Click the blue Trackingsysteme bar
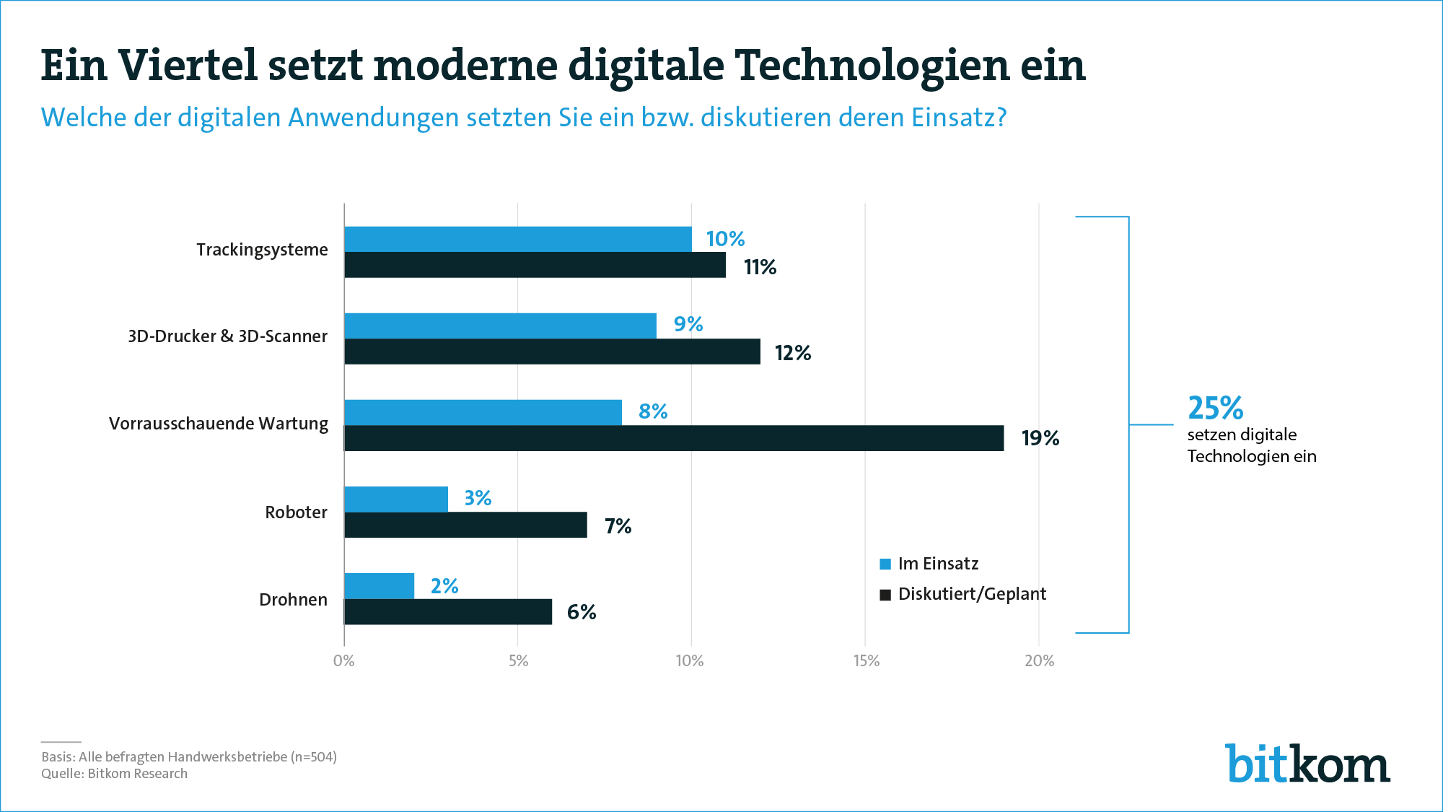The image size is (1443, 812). coord(517,239)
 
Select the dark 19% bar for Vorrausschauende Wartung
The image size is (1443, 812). coord(674,438)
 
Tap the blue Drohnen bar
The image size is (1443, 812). coord(379,585)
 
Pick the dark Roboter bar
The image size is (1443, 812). coord(465,525)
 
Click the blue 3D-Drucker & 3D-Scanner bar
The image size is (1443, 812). coord(500,326)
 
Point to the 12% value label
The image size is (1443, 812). coord(792,353)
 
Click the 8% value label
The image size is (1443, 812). coord(653,411)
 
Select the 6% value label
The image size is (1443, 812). coord(582,612)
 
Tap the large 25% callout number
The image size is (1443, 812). coord(1215,408)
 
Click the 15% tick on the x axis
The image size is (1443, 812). coord(866,660)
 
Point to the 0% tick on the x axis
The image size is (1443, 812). coord(344,660)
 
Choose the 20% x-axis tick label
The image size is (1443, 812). coord(1039,660)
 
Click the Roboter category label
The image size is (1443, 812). coord(296,512)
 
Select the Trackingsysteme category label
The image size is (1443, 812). coord(262,250)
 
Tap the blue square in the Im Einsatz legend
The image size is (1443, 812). coord(885,564)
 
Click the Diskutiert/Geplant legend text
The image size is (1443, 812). coord(972,594)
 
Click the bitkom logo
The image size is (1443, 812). coord(1307,764)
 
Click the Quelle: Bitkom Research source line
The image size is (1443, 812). coord(114,774)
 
